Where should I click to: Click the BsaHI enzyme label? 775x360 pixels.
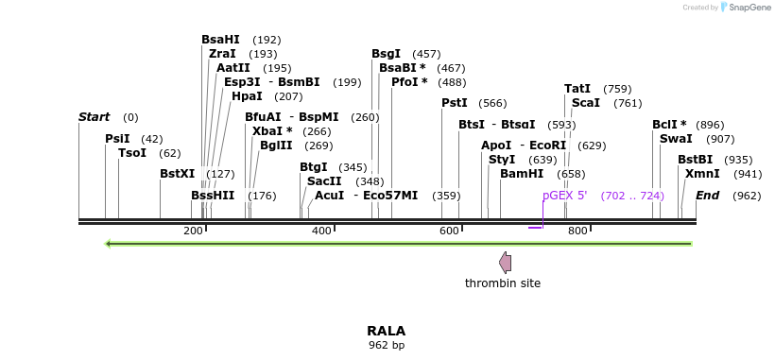(220, 40)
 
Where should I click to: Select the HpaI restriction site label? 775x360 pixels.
(247, 96)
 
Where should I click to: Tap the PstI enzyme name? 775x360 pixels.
(455, 103)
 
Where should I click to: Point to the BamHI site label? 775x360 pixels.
(522, 174)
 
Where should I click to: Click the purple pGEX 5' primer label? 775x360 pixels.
(564, 196)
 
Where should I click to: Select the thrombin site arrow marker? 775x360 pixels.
(506, 262)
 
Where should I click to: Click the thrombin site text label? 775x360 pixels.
(503, 283)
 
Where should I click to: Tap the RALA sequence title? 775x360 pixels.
(386, 331)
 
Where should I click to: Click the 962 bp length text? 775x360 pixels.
(386, 346)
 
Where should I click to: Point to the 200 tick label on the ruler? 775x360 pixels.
(193, 231)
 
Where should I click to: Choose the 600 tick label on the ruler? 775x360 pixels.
(450, 231)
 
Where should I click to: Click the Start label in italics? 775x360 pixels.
(94, 117)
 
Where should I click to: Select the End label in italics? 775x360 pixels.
(707, 196)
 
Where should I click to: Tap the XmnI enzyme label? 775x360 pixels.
(702, 174)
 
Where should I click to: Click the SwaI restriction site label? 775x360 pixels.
(676, 139)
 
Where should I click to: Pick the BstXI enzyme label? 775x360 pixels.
(177, 174)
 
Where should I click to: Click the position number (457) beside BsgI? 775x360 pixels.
(426, 54)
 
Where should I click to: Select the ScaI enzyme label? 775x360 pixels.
(586, 103)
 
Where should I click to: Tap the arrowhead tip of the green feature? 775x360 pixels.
(109, 244)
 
